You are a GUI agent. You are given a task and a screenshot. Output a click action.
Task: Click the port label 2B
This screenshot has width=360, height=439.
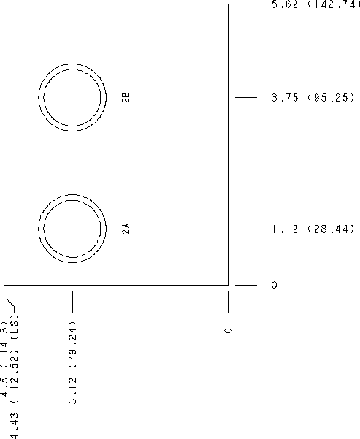[126, 97]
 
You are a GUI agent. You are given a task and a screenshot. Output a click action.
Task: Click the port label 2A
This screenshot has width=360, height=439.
[126, 229]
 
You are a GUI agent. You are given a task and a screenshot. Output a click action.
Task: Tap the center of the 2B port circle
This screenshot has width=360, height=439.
[72, 97]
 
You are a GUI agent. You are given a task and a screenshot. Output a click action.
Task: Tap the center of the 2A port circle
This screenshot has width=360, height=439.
[72, 229]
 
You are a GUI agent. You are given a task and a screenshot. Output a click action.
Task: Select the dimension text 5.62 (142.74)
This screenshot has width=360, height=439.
[315, 4]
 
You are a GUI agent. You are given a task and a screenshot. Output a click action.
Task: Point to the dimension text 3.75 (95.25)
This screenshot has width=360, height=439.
[313, 97]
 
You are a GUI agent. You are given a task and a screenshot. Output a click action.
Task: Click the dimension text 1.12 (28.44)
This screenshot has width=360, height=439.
[313, 229]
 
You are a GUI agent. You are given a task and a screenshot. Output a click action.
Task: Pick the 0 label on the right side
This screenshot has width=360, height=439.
[274, 285]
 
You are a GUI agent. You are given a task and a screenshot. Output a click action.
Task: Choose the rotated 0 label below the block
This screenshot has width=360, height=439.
[229, 331]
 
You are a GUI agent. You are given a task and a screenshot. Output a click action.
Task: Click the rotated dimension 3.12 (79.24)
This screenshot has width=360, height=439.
[72, 362]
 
